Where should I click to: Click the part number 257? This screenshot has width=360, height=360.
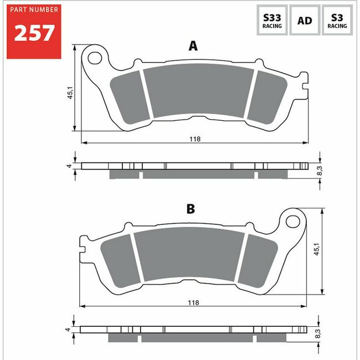pyautogui.click(x=34, y=33)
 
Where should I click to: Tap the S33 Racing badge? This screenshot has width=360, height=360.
pyautogui.click(x=272, y=20)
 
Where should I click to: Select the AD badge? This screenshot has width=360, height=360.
pyautogui.click(x=305, y=20)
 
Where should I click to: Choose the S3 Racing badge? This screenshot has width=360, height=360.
pyautogui.click(x=337, y=20)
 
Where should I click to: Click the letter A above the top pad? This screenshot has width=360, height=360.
pyautogui.click(x=193, y=46)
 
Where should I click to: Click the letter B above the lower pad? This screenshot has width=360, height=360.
pyautogui.click(x=191, y=209)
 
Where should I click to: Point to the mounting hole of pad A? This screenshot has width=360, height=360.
pyautogui.click(x=95, y=58)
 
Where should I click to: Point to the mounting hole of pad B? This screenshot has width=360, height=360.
pyautogui.click(x=293, y=222)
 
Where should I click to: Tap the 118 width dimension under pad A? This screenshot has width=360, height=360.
pyautogui.click(x=195, y=139)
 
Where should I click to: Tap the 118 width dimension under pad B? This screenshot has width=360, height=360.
pyautogui.click(x=193, y=302)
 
